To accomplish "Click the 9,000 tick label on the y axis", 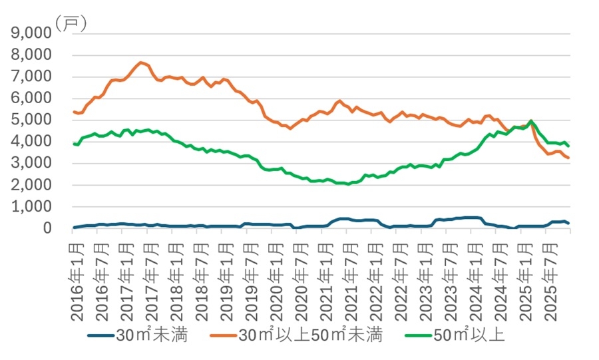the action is [31, 33].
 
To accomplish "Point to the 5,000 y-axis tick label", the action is [31, 120].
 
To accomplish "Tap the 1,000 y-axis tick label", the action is [31, 206].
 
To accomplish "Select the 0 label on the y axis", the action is [47, 228].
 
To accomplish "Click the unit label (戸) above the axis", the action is [71, 24].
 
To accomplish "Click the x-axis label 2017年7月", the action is [152, 282].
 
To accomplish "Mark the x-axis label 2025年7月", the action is [550, 282].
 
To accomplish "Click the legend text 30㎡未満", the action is [152, 335].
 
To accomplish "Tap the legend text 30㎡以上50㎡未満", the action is [310, 335].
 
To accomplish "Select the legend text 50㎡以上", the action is [469, 335].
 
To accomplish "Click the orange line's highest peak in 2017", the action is [141, 63].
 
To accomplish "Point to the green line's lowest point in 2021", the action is [347, 184].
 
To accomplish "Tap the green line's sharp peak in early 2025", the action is [531, 121].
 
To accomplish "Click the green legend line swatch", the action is [419, 336].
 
